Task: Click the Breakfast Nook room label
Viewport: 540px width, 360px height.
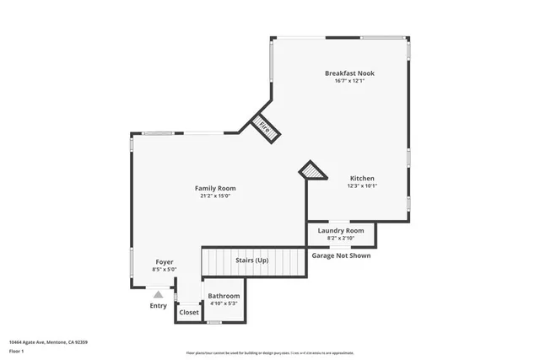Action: tap(349, 73)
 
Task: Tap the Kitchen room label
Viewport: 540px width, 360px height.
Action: tap(363, 179)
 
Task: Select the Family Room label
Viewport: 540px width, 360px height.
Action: tap(215, 188)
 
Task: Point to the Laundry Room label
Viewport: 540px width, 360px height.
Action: tap(341, 230)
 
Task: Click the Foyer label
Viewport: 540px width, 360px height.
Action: tap(165, 262)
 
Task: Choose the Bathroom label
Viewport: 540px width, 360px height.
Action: tap(224, 296)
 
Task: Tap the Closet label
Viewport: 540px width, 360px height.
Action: tap(189, 312)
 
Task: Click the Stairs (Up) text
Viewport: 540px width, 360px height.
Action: tap(251, 261)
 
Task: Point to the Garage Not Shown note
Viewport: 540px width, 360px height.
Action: tap(342, 255)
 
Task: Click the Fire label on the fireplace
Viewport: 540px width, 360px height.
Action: tap(264, 128)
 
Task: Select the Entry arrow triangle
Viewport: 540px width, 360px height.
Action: tap(158, 294)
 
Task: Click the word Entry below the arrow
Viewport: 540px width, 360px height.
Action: tap(159, 305)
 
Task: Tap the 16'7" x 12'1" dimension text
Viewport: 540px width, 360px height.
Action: tap(349, 82)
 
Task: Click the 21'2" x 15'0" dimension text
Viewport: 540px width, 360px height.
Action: tap(215, 196)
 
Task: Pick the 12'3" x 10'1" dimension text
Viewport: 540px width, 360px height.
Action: tap(363, 186)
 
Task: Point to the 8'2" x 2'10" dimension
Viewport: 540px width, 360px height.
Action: tap(341, 238)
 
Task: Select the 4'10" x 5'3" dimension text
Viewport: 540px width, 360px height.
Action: tap(224, 304)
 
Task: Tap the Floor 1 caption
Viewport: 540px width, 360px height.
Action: tap(17, 350)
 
